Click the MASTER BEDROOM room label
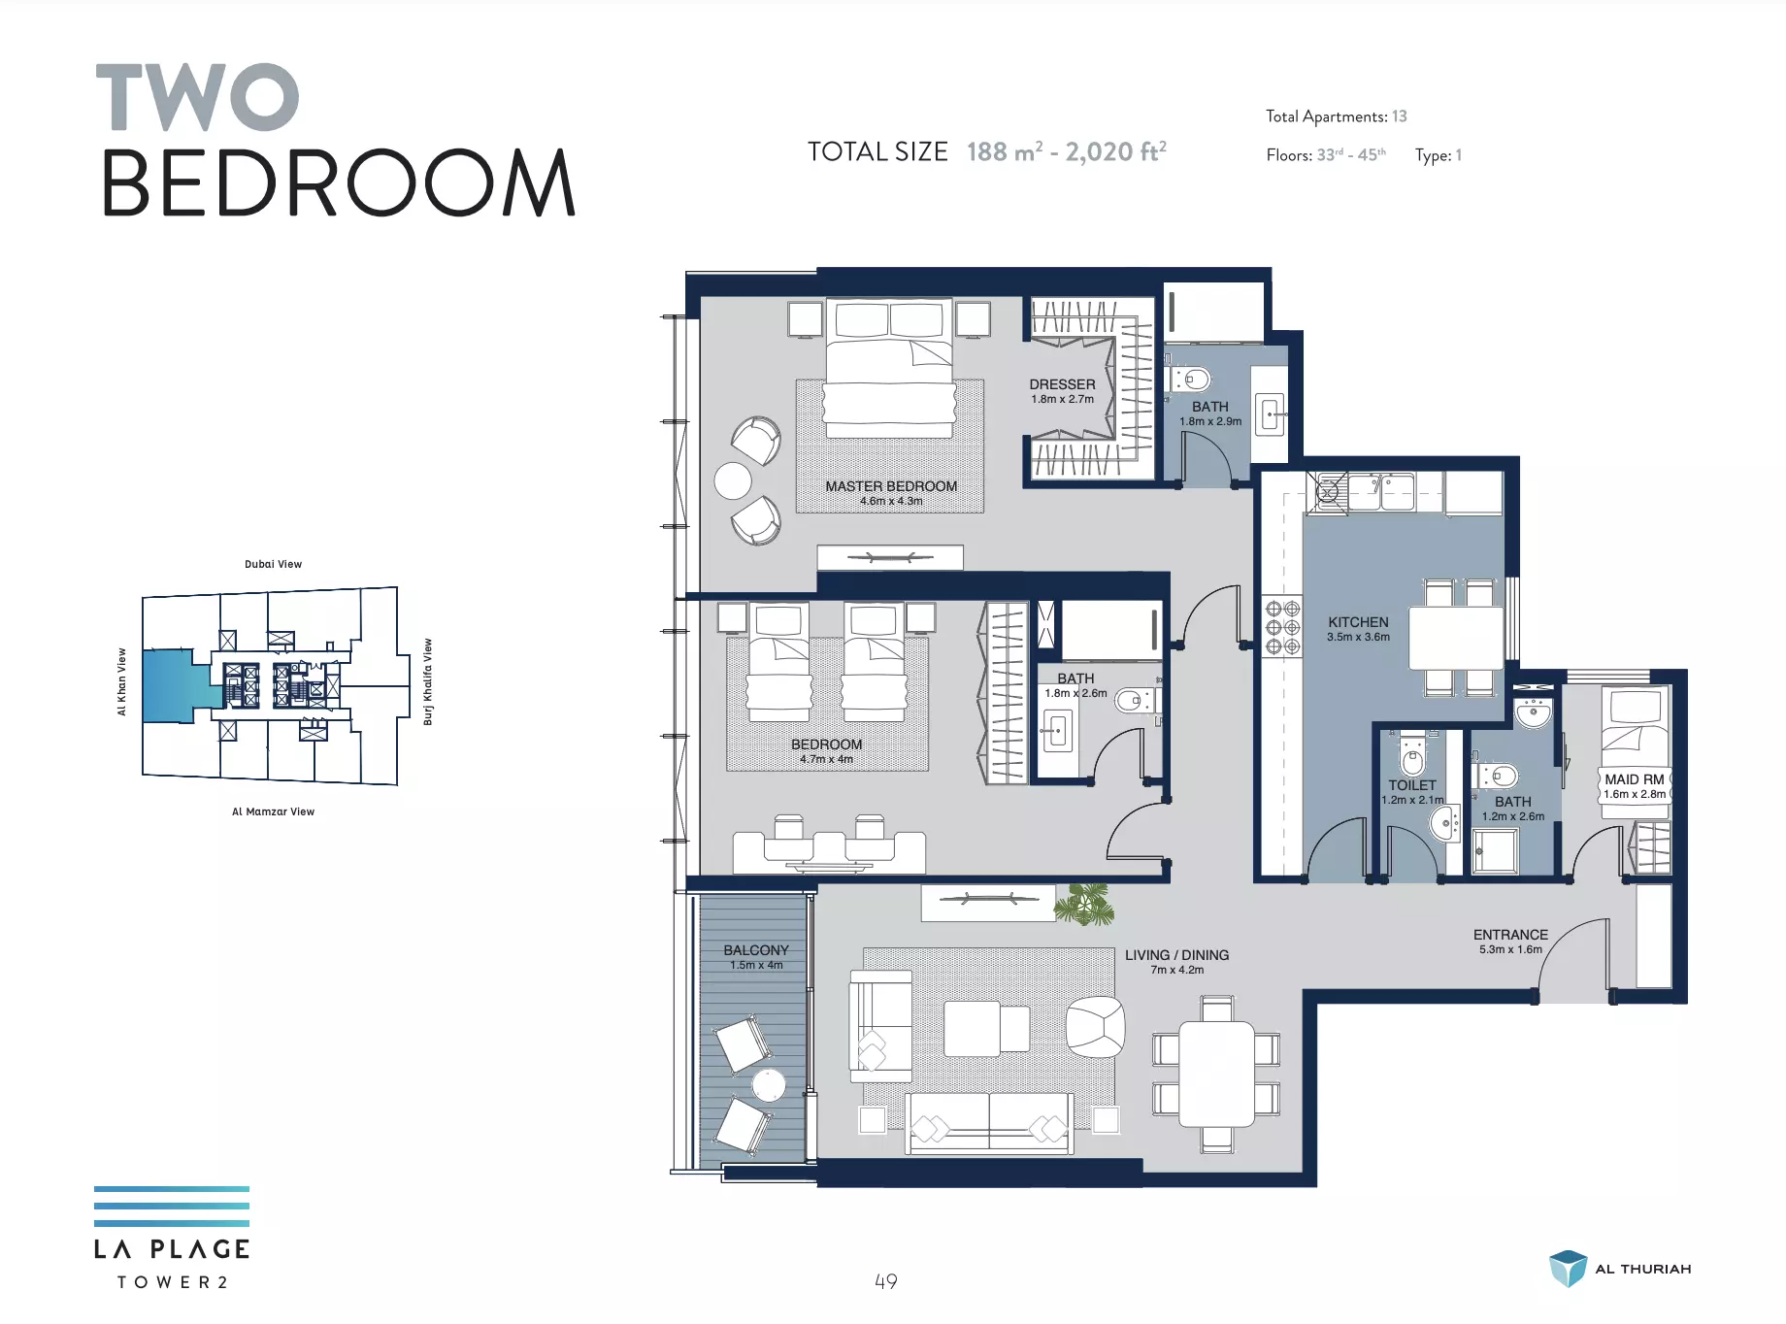pyautogui.click(x=891, y=486)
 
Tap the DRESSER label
pyautogui.click(x=1062, y=384)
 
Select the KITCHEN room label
pyautogui.click(x=1358, y=622)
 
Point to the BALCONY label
pyautogui.click(x=756, y=950)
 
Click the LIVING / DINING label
pyautogui.click(x=1176, y=955)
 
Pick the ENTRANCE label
pyautogui.click(x=1510, y=935)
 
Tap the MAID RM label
pyautogui.click(x=1635, y=779)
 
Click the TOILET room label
pyautogui.click(x=1412, y=785)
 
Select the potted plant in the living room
pyautogui.click(x=1084, y=903)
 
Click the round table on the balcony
pyautogui.click(x=769, y=1085)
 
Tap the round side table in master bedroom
pyautogui.click(x=733, y=480)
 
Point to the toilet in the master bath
pyautogui.click(x=1192, y=379)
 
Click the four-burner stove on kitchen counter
pyautogui.click(x=1282, y=627)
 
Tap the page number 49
pyautogui.click(x=886, y=1281)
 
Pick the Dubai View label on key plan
pyautogui.click(x=273, y=564)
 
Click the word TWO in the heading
pyautogui.click(x=198, y=97)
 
